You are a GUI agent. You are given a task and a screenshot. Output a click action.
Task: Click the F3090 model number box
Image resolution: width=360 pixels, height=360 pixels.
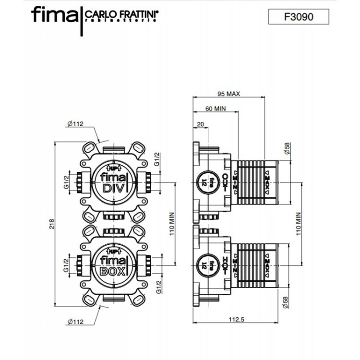[x=298, y=17]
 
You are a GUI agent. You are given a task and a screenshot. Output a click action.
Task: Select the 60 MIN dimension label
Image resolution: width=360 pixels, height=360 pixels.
[x=216, y=109]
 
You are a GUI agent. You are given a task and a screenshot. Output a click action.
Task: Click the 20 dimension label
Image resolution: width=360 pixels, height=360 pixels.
[x=200, y=125]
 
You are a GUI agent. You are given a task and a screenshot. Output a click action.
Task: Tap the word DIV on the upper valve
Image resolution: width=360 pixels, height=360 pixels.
[x=114, y=188]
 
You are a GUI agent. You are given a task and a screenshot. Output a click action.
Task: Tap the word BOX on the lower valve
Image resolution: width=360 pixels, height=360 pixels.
[x=113, y=270]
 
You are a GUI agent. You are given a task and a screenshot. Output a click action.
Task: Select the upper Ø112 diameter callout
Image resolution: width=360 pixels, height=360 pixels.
[x=75, y=124]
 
